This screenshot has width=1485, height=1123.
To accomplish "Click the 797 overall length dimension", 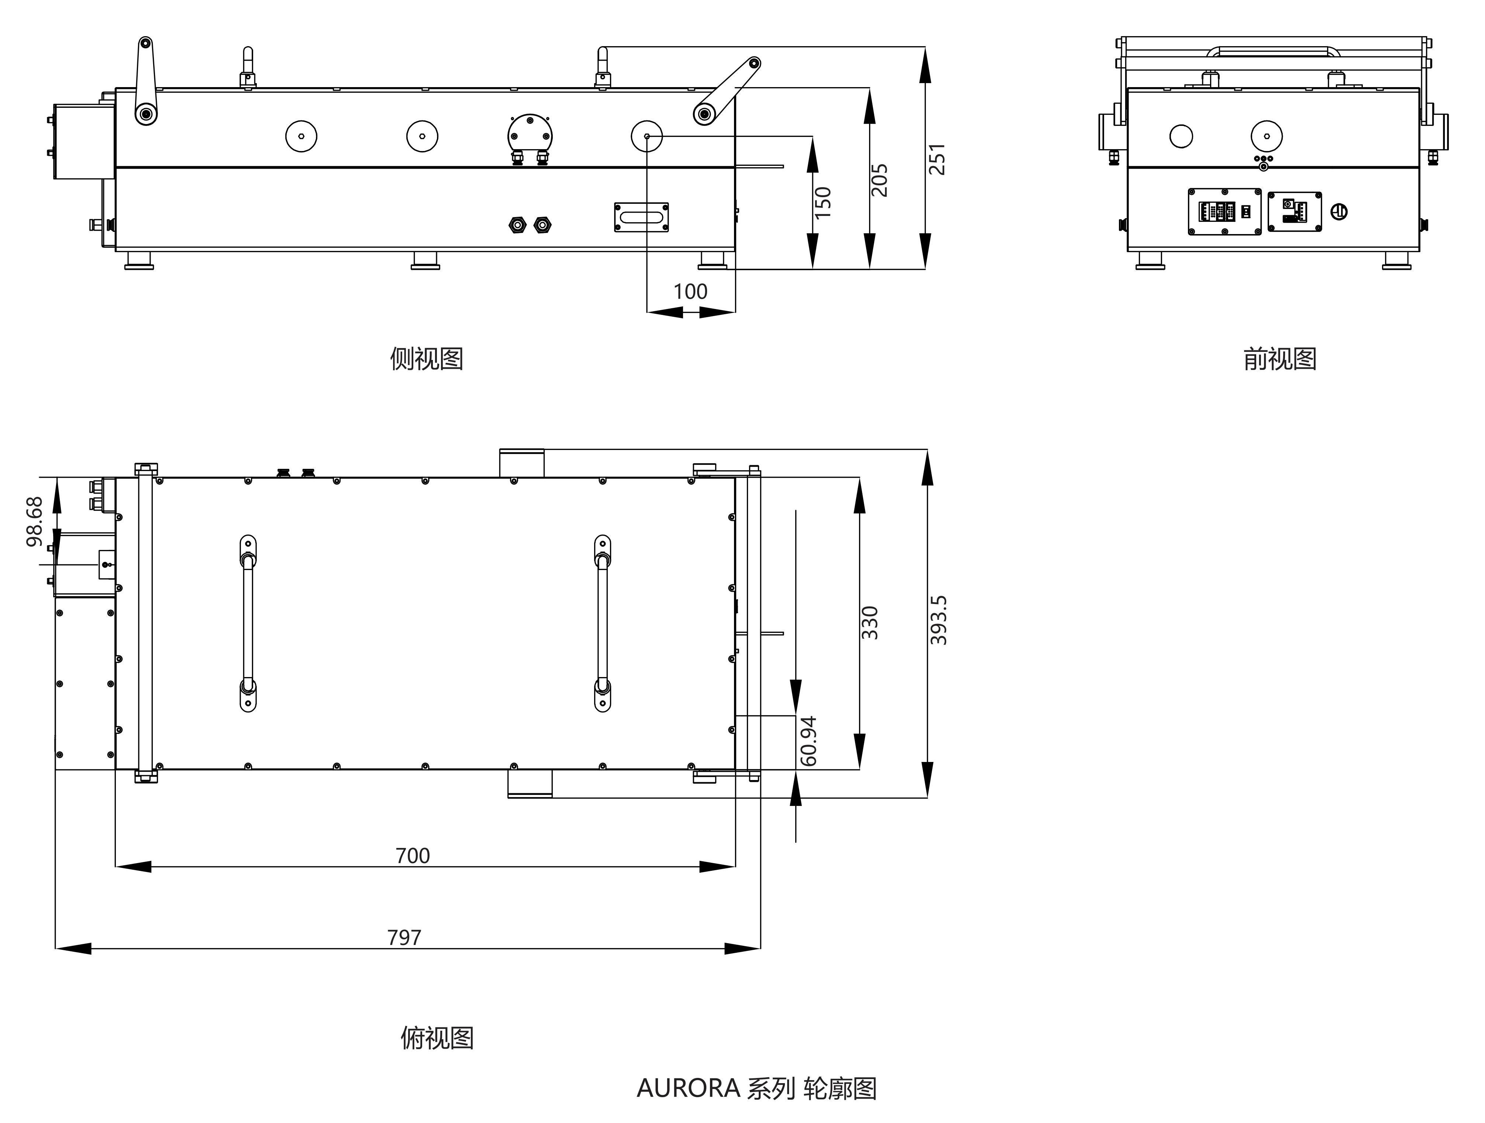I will tap(404, 937).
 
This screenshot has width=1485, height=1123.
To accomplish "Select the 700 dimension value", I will tap(412, 856).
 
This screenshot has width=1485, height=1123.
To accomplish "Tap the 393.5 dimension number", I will tap(938, 620).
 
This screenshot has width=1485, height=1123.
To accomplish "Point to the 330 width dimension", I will tap(869, 623).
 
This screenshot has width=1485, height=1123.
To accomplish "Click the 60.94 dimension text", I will tap(809, 741).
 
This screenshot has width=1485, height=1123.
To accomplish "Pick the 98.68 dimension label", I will tap(35, 521).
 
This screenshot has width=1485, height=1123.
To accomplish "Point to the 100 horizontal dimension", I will tap(690, 292).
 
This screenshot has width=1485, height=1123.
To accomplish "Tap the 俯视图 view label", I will tap(437, 1038).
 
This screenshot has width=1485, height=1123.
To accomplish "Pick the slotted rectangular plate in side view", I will tap(641, 217).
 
